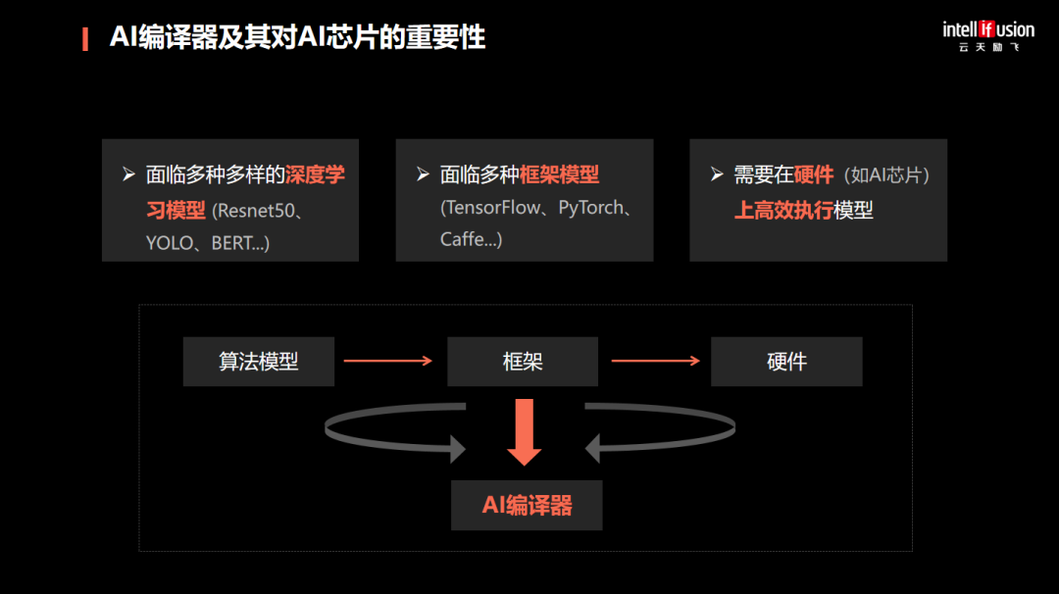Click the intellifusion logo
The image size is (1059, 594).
[x=988, y=35]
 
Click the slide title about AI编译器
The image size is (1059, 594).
[x=297, y=38]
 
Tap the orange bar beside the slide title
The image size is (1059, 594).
[x=85, y=38]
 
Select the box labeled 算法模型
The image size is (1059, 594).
[x=259, y=362]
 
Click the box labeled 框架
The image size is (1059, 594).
[x=523, y=362]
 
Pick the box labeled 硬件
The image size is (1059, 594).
[x=786, y=362]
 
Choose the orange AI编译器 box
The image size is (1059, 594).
[x=527, y=506]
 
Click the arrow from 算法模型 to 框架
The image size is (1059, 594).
[x=388, y=361]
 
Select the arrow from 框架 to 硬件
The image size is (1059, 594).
[x=655, y=361]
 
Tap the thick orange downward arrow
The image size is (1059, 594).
[x=525, y=432]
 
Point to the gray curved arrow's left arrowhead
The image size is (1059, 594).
[x=455, y=449]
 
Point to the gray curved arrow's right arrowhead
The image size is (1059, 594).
[x=594, y=449]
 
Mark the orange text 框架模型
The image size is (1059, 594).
[x=559, y=175]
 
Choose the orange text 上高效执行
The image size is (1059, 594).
[x=783, y=210]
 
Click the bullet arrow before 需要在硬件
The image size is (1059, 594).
[x=717, y=174]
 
